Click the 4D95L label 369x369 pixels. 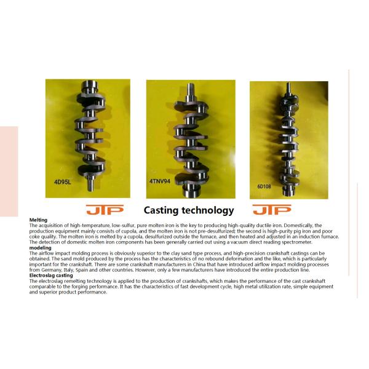(62, 182)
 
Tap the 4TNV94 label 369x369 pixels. (160, 181)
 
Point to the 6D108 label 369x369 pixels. (264, 186)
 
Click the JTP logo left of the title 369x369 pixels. (105, 210)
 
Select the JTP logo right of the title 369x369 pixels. (272, 210)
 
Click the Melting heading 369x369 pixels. (38, 220)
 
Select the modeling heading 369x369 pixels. (40, 248)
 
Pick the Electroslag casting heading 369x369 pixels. (51, 276)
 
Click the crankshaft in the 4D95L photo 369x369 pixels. (90, 135)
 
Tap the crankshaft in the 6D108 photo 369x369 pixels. (289, 140)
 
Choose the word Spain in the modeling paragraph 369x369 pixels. (81, 270)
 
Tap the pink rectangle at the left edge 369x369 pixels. (9, 172)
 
